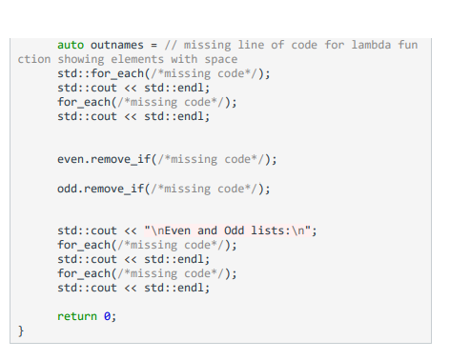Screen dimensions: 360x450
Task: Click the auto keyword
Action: click(x=71, y=45)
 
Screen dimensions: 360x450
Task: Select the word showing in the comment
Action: click(x=81, y=59)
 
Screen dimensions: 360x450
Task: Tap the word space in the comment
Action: click(x=220, y=59)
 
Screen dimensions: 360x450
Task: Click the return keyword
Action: click(x=77, y=316)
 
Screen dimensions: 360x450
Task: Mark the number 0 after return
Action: click(x=108, y=316)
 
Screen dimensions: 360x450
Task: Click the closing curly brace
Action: click(x=20, y=330)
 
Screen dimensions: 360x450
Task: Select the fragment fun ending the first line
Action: click(x=407, y=45)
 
